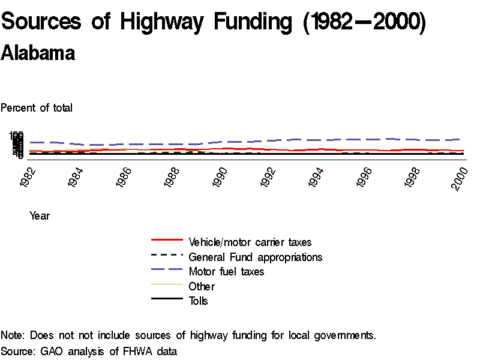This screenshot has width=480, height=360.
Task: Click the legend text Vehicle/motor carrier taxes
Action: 250,242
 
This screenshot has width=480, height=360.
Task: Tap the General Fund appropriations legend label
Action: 256,257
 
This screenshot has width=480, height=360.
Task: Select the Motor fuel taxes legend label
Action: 226,272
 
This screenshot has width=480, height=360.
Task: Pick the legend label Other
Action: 202,286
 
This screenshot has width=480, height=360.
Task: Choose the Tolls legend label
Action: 199,301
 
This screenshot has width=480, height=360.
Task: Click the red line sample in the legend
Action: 167,239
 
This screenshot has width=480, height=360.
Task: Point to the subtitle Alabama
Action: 38,53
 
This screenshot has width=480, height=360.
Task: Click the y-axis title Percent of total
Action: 37,108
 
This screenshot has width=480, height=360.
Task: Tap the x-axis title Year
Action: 40,215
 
